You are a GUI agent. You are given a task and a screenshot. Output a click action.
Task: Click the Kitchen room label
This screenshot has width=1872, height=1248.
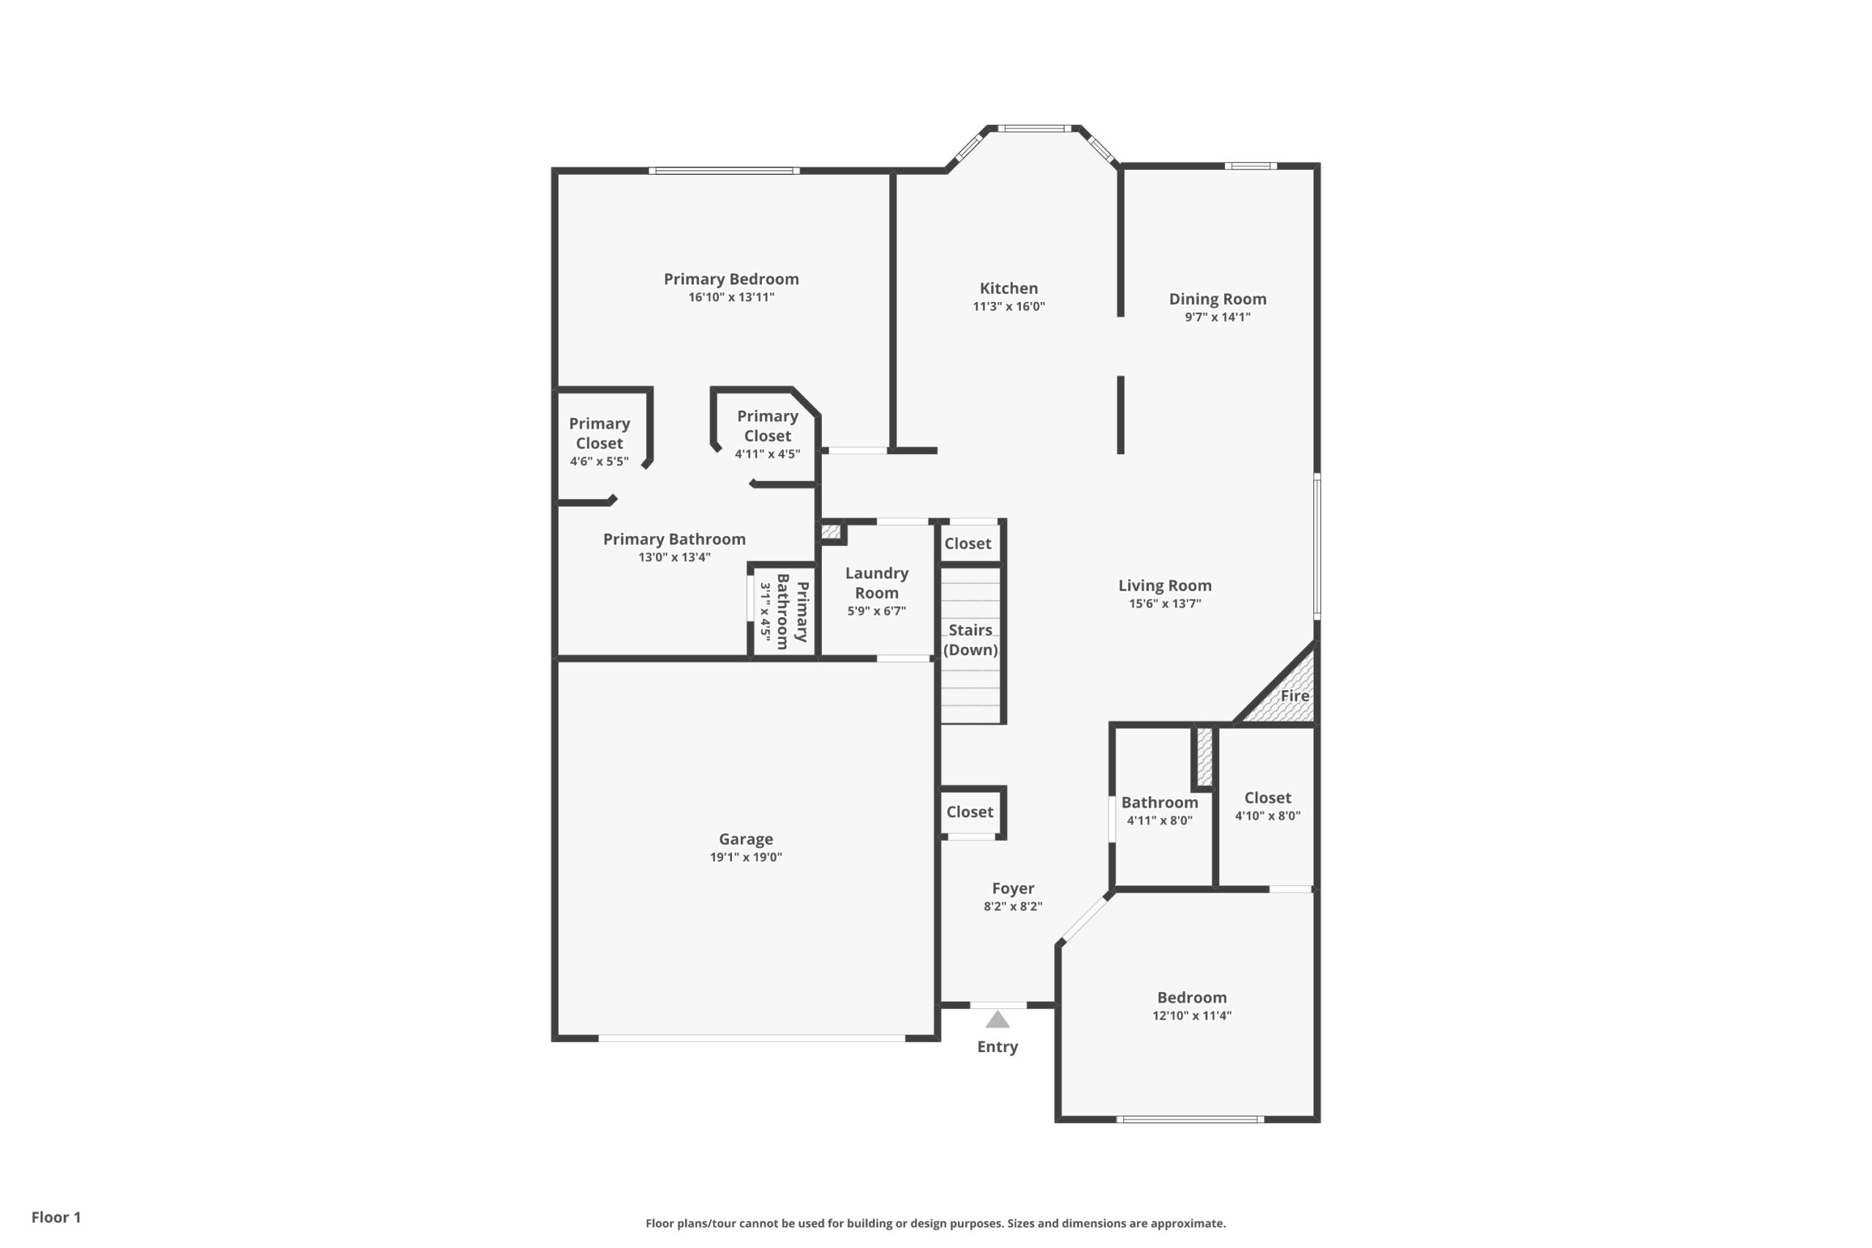tap(1008, 288)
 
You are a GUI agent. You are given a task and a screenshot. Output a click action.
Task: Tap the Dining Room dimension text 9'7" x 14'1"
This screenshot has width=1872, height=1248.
tap(1217, 317)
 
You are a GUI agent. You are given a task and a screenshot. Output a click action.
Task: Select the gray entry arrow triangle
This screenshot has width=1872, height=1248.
tap(997, 1020)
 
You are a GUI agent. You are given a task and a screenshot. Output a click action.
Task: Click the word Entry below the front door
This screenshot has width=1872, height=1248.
tap(997, 1047)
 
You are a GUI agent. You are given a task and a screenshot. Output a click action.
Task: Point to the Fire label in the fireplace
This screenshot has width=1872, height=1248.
tap(1294, 695)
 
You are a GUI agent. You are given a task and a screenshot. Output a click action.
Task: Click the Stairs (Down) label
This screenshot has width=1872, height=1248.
tap(970, 640)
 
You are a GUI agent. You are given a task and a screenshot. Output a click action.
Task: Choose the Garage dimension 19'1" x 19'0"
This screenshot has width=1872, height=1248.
tap(746, 857)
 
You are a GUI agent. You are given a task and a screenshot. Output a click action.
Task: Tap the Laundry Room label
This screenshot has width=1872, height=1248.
tap(876, 583)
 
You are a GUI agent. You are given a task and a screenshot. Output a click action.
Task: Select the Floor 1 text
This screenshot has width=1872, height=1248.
tap(56, 1217)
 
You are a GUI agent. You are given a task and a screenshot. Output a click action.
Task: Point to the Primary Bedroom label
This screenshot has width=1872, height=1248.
tap(731, 279)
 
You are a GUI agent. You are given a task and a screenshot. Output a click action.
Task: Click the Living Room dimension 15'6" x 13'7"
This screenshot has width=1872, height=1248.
tap(1164, 603)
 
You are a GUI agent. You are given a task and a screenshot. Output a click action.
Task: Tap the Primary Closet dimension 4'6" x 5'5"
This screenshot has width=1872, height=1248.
tap(599, 461)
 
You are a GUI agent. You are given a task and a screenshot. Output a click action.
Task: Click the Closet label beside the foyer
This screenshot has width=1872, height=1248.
tap(970, 812)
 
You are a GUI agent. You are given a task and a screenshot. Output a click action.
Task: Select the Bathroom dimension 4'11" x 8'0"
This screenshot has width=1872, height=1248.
tap(1159, 820)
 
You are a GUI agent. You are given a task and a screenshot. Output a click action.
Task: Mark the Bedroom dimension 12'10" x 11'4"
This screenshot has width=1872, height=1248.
tap(1191, 1016)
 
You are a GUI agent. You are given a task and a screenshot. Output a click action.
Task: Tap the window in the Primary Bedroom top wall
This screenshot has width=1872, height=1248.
tap(723, 170)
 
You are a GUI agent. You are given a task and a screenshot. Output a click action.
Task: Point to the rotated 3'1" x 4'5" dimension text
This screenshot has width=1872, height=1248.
tap(765, 611)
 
